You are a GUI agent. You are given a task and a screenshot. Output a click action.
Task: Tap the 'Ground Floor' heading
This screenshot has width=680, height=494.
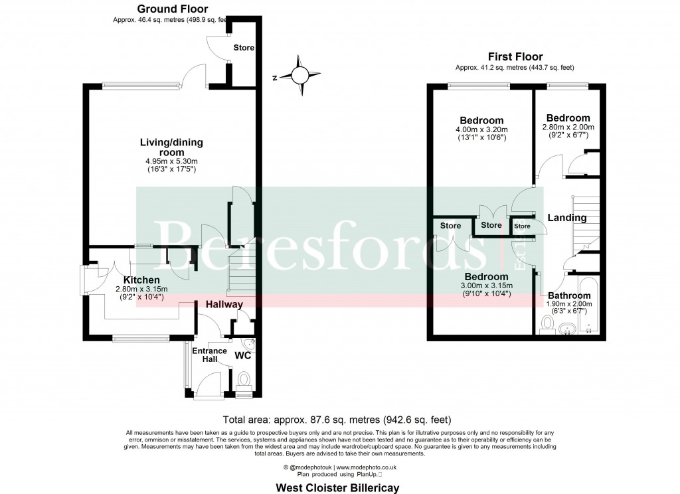pos(172,9)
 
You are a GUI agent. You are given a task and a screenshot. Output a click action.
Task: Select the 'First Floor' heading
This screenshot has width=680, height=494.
pos(515,57)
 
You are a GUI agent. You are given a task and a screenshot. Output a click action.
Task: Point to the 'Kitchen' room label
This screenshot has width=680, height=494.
pos(141,280)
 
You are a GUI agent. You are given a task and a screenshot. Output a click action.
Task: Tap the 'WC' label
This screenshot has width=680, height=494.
pos(243,356)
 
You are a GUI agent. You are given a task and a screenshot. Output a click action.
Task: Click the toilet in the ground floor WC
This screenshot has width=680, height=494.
pos(244,380)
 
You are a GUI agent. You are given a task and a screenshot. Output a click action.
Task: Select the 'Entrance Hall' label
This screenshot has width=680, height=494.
pos(209,355)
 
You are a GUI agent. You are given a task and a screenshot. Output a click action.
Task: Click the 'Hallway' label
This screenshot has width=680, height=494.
pos(224,304)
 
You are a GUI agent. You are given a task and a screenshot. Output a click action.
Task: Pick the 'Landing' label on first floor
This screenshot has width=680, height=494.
pos(566,218)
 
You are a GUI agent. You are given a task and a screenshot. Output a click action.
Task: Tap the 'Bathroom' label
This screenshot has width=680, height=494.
pos(569,295)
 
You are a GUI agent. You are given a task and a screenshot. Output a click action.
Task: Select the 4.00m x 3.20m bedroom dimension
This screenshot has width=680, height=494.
pos(481,129)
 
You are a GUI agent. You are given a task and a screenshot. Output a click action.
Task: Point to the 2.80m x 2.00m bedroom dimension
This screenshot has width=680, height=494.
pos(568,127)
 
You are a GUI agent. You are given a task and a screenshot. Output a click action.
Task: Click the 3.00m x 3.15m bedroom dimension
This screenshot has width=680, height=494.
pos(486,286)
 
